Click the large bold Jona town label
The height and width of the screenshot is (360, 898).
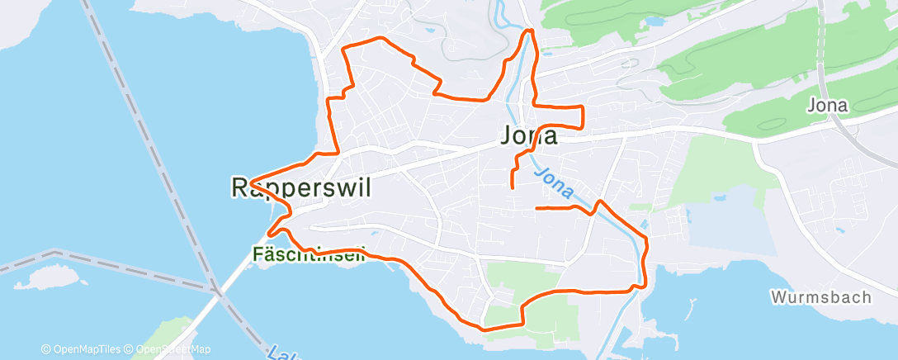pyautogui.click(x=528, y=136)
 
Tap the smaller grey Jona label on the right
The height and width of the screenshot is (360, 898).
pyautogui.click(x=827, y=106)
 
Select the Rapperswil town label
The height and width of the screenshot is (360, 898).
pyautogui.click(x=300, y=188)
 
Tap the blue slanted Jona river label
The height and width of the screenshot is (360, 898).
pyautogui.click(x=554, y=184)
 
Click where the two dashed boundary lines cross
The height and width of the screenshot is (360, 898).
pyautogui.click(x=216, y=290)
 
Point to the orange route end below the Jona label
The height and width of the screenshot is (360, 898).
pyautogui.click(x=513, y=188)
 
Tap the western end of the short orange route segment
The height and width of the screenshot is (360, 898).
pyautogui.click(x=537, y=208)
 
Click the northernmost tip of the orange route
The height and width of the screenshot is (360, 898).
pyautogui.click(x=530, y=31)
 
